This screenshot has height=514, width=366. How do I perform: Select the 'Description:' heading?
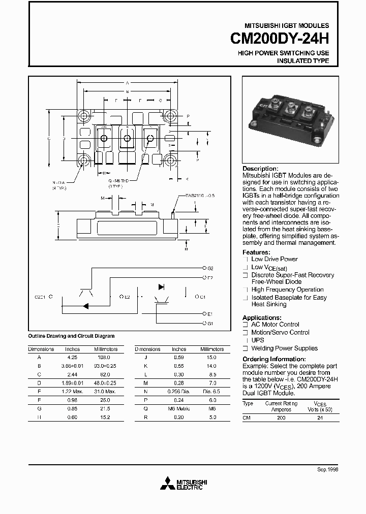(x=260, y=169)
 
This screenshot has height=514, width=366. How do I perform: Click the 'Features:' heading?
(x=256, y=252)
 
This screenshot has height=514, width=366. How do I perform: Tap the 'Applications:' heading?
(x=262, y=317)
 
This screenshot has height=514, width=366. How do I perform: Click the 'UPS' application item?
(x=258, y=340)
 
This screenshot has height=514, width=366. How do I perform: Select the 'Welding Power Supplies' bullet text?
(x=284, y=348)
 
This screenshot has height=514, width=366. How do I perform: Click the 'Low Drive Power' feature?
(x=274, y=259)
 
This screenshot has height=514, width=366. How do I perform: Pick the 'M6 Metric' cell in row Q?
(x=179, y=408)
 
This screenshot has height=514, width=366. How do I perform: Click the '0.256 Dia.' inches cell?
(x=178, y=391)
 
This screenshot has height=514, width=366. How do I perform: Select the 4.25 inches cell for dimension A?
(x=72, y=357)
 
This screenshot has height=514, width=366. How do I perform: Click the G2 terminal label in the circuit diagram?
(x=210, y=268)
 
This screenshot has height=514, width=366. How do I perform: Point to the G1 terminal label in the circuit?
(x=210, y=323)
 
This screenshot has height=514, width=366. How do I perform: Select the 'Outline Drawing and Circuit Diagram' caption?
(x=71, y=336)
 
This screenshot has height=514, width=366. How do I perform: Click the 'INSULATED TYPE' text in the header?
(x=302, y=61)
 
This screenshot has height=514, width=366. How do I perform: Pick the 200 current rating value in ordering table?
(x=281, y=417)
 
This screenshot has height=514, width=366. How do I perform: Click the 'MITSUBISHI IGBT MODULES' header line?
(x=287, y=25)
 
